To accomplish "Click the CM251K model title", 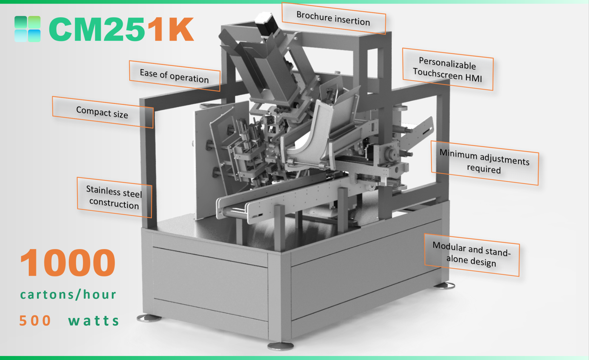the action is click(121, 29).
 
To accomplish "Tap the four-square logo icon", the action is click(27, 29).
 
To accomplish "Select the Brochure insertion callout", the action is click(333, 18).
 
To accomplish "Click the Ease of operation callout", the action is click(175, 76).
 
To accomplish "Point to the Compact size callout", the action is click(103, 112).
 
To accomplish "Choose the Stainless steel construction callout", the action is click(114, 198).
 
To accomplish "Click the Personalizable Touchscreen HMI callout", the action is click(447, 69).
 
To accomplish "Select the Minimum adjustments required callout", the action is click(484, 162).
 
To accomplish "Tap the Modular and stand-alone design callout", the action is click(472, 255).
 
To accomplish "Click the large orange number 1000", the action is click(68, 263).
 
